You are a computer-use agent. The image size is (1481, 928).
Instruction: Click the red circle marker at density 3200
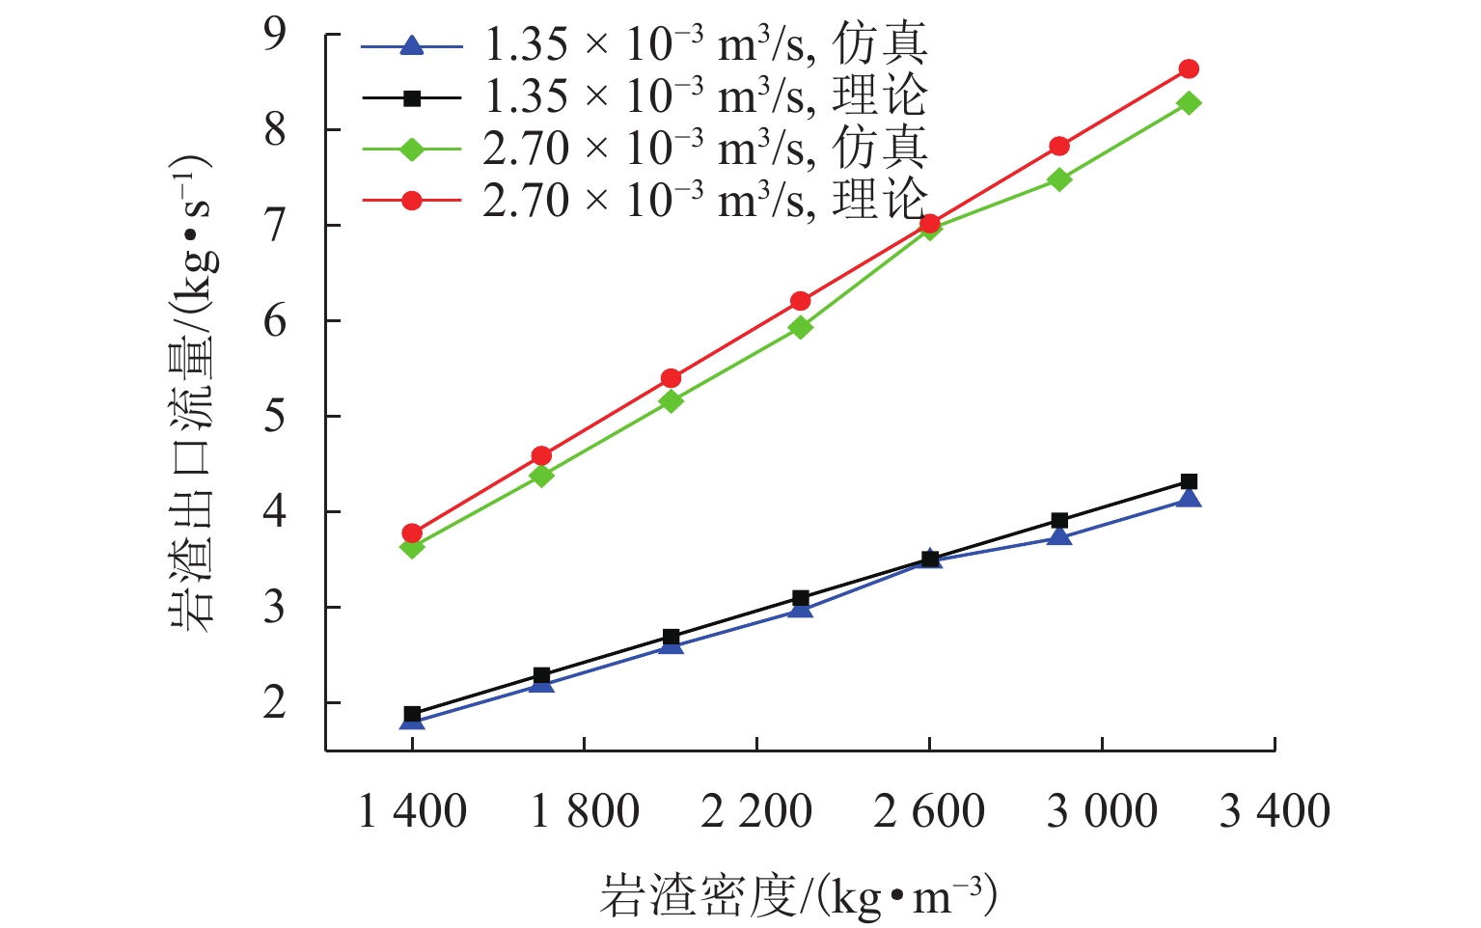coord(1189,68)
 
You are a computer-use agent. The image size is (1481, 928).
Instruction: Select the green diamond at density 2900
coord(1059,179)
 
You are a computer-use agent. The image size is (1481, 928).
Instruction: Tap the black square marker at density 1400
coord(412,715)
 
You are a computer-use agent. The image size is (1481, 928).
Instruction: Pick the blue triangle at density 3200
coord(1189,498)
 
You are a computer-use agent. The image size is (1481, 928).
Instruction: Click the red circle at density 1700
coord(541,455)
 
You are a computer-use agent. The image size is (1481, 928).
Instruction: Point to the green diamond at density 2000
coord(671,400)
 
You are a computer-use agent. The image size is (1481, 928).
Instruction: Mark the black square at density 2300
coord(800,598)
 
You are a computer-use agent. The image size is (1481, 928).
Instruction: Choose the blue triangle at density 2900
coord(1059,535)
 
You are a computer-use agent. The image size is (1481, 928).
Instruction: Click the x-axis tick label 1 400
coord(412,811)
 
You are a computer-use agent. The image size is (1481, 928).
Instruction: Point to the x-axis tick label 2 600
coord(929,811)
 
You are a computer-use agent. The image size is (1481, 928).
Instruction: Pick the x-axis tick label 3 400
coord(1275,811)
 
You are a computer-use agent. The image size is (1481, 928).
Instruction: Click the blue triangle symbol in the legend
coord(412,45)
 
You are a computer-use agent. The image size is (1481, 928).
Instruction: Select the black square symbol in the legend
coord(412,97)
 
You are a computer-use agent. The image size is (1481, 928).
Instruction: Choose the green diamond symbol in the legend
coord(412,149)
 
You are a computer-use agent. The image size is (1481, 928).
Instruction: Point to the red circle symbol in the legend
coord(412,201)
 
